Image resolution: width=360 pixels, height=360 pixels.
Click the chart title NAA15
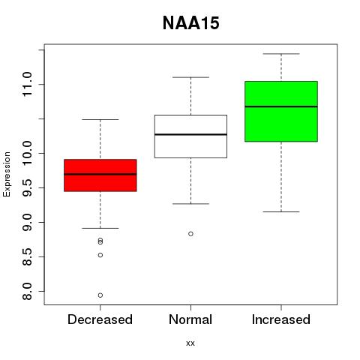tap(191, 23)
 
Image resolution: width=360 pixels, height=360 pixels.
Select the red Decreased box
tap(100, 175)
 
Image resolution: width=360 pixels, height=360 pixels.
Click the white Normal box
tap(190, 136)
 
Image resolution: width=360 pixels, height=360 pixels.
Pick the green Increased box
tap(281, 112)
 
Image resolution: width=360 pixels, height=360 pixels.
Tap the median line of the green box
tap(281, 106)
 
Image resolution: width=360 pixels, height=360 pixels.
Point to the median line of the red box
tap(100, 174)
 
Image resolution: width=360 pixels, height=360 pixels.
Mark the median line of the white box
tap(190, 134)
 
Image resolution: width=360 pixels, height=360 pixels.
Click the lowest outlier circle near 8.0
tap(100, 295)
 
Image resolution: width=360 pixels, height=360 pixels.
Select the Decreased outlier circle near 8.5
tap(100, 255)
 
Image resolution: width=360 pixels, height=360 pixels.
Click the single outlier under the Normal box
tap(190, 234)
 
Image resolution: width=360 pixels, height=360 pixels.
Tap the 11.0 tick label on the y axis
tap(28, 84)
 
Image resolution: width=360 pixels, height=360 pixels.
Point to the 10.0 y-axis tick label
tap(28, 153)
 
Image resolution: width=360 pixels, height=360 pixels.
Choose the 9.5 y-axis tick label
tap(28, 187)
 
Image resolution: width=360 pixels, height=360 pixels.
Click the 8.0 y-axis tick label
tap(28, 291)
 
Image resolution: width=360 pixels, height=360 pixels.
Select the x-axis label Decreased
tap(100, 319)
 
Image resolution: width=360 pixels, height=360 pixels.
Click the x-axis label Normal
tap(190, 319)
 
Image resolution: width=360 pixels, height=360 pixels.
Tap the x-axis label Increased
tap(281, 319)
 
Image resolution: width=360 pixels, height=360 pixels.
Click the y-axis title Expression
tap(7, 174)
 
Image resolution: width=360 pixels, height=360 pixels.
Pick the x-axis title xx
tap(190, 343)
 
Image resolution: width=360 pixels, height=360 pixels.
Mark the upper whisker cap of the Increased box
tap(281, 54)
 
